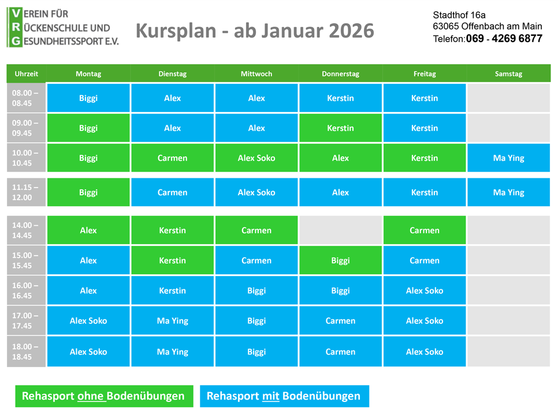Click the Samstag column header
point(508,74)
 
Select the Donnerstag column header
point(341,74)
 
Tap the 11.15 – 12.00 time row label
point(26,192)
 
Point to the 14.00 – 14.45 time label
point(26,230)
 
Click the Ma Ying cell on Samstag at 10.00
point(508,158)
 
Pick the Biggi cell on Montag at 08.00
point(88,98)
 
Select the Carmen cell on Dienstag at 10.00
point(172,158)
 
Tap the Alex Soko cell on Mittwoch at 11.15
point(256,192)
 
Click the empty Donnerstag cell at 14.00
point(341,230)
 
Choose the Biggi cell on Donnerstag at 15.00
point(341,260)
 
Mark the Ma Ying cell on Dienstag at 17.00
point(172,320)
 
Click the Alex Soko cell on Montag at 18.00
point(88,352)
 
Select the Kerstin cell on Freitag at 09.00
point(425,128)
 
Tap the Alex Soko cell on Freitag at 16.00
point(425,290)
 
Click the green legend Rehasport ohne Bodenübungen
point(104,396)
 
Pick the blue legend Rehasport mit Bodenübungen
point(284,396)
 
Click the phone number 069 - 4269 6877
point(504,39)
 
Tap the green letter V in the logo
point(16,13)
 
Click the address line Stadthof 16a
point(459,15)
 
